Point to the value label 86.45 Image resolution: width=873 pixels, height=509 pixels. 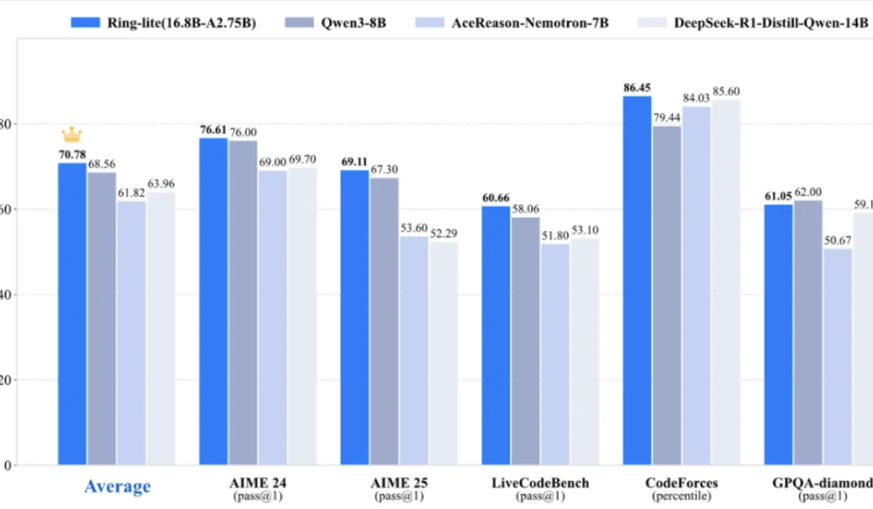click(x=637, y=87)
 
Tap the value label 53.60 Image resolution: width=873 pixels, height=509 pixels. click(x=414, y=228)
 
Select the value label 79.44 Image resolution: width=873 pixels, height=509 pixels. click(x=667, y=117)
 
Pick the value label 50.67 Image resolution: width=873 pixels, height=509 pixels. click(x=837, y=239)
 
